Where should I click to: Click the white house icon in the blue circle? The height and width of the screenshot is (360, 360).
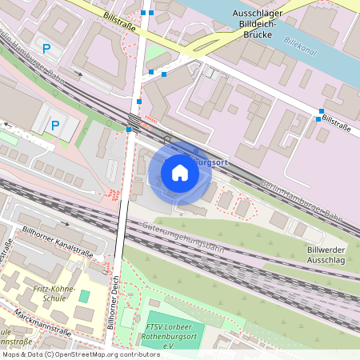[x=180, y=172]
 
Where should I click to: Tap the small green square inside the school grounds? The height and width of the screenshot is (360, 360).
[x=84, y=297]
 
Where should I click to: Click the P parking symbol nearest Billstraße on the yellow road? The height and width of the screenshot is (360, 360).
[x=46, y=49]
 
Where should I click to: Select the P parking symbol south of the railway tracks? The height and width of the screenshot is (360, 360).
[x=55, y=125]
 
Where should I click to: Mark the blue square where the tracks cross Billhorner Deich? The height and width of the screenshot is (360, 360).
[x=129, y=128]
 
